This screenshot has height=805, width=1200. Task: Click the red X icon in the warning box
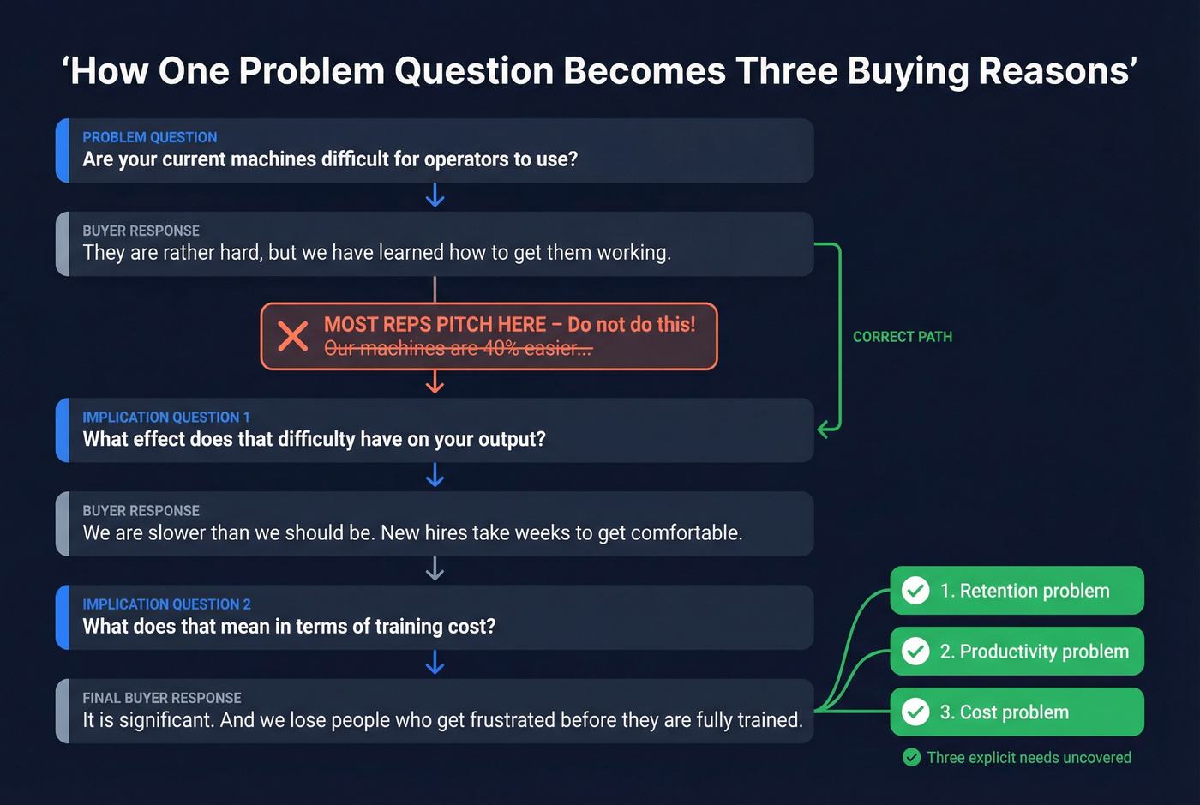292,336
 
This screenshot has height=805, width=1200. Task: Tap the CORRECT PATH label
902,337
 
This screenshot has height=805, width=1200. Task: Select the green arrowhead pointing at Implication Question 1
825,429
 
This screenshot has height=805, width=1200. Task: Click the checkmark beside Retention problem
915,591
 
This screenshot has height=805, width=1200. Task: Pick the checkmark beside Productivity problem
915,652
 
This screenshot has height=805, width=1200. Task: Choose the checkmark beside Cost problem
915,712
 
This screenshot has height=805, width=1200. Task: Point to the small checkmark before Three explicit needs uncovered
912,757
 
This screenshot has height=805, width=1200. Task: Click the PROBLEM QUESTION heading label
150,137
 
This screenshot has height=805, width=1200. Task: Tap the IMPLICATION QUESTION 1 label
166,418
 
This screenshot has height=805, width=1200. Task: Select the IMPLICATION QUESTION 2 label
166,604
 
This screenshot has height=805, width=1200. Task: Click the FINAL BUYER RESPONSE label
162,698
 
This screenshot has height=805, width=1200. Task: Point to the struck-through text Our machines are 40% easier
458,349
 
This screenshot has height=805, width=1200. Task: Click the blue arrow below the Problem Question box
435,196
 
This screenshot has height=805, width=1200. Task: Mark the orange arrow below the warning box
435,382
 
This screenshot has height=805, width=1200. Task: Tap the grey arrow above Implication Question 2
435,569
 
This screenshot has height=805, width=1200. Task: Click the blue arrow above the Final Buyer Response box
435,663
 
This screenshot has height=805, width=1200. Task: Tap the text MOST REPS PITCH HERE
435,325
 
